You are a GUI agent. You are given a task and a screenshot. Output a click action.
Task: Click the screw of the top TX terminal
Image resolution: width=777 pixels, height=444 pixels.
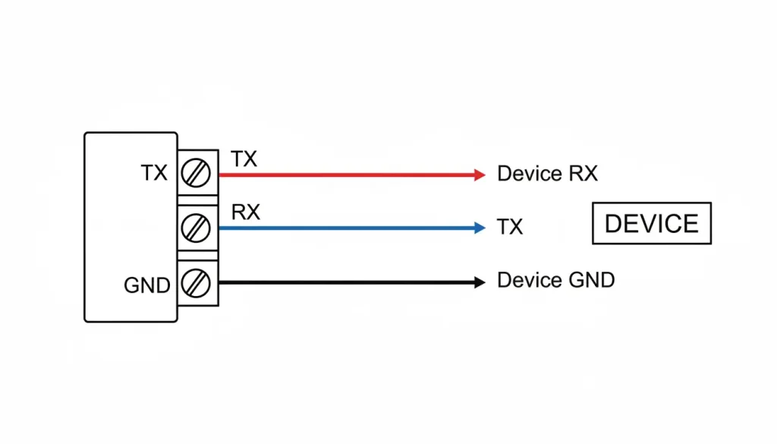(197, 174)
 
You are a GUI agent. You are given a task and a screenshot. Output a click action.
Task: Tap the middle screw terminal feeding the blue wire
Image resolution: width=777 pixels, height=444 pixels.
(197, 227)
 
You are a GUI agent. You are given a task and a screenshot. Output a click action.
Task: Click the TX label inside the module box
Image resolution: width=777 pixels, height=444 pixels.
(154, 174)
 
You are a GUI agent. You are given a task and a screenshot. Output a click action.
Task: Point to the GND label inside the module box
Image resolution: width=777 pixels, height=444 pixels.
(146, 286)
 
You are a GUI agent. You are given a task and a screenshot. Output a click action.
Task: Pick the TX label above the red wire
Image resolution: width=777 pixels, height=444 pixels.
(244, 159)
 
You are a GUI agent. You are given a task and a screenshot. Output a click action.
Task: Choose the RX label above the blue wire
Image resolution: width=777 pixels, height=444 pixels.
(245, 213)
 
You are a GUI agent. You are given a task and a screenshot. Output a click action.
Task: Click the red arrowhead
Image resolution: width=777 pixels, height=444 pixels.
(479, 175)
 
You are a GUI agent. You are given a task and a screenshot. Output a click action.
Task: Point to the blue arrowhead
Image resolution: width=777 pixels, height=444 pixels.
(479, 228)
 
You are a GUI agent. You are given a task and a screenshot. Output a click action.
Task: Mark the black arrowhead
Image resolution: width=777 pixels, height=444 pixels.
(479, 282)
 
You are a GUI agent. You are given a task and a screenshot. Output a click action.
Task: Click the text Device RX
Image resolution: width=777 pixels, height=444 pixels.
(547, 174)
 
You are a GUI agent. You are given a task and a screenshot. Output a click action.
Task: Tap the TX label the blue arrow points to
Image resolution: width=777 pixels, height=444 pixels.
(510, 227)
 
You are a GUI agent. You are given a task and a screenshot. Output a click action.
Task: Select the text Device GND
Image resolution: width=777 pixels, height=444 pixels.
(555, 280)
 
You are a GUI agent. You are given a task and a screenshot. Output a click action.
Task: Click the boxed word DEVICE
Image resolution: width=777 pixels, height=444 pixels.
(651, 224)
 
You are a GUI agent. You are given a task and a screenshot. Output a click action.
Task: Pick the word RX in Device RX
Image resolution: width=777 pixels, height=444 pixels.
(583, 174)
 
